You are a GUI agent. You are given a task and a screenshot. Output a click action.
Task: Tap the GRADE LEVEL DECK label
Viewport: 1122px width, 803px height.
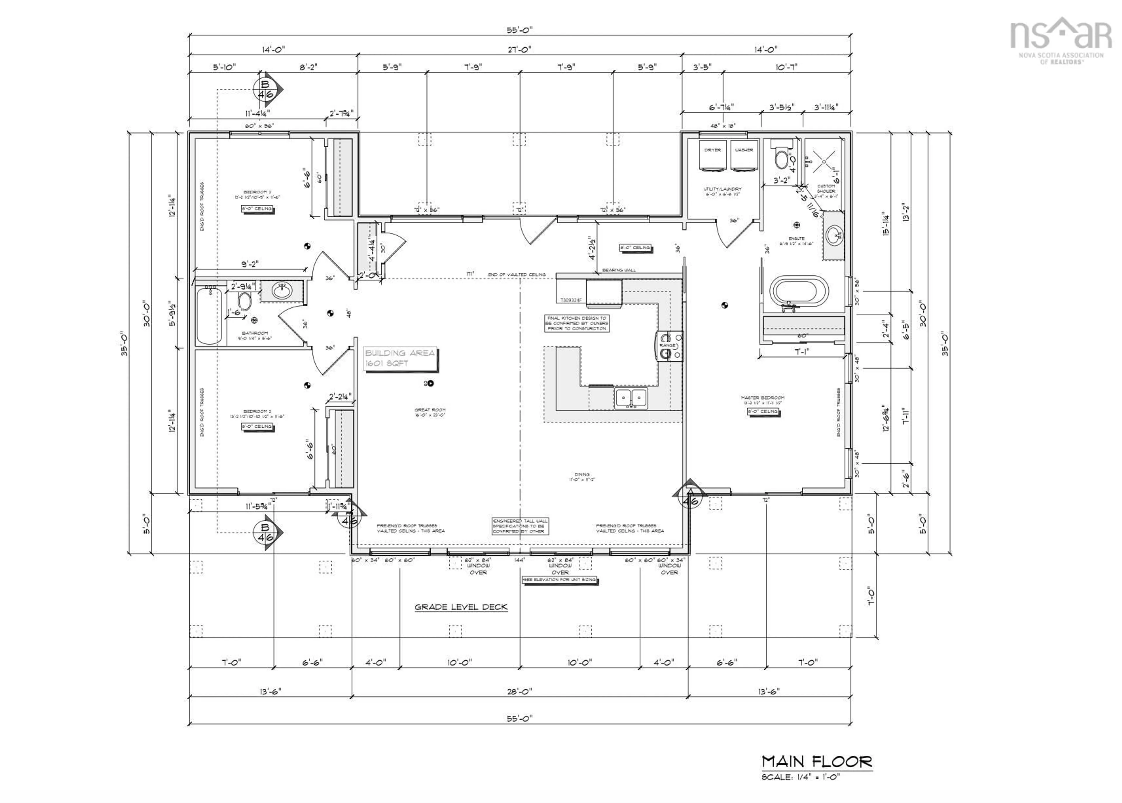point(461,607)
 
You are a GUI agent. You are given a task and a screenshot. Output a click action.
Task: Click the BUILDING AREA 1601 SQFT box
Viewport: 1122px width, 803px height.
point(400,358)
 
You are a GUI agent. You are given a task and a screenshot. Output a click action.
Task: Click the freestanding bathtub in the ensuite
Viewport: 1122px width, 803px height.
point(799,294)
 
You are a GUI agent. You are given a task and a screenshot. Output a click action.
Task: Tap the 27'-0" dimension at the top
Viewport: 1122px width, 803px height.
point(519,49)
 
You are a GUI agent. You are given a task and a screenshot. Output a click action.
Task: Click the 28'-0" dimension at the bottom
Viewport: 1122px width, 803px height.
point(519,691)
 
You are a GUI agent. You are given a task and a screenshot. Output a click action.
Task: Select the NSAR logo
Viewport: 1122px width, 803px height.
point(1060,42)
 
